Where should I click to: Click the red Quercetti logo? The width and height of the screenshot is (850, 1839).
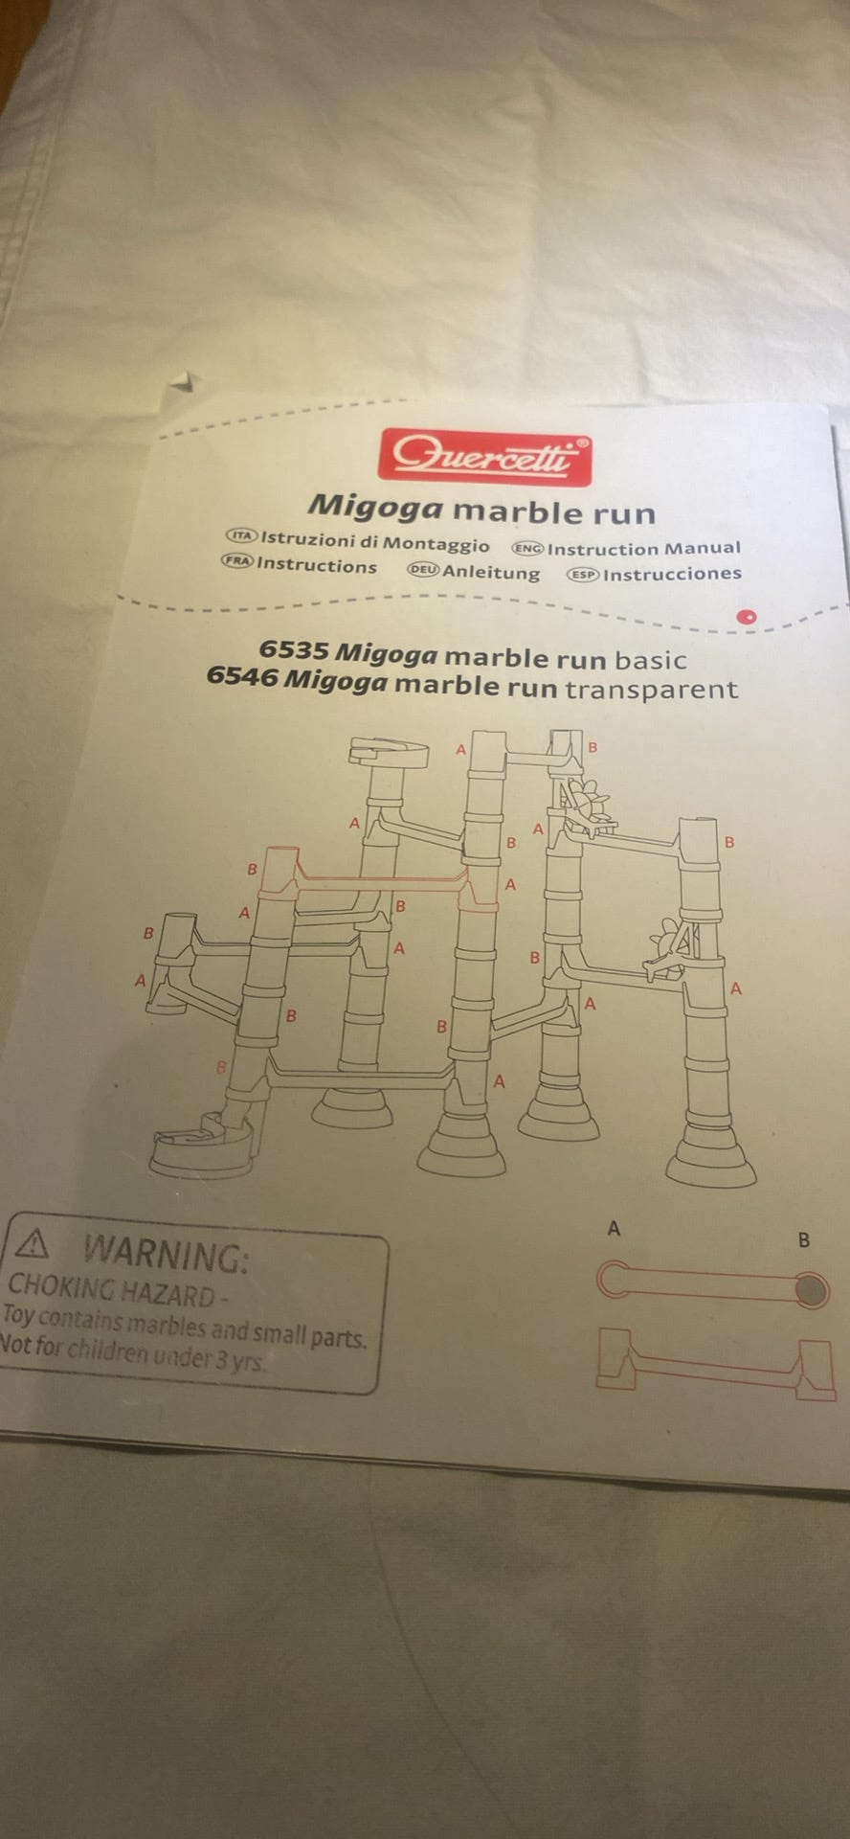tap(484, 457)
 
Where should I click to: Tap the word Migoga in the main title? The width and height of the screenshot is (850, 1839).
tap(375, 505)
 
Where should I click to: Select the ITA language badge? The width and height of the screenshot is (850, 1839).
tap(241, 536)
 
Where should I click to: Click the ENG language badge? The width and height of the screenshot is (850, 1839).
tap(527, 549)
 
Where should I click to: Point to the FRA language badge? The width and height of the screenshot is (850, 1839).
tap(237, 561)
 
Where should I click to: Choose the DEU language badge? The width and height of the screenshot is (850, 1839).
tap(423, 570)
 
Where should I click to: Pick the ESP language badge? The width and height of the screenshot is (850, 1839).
tap(583, 575)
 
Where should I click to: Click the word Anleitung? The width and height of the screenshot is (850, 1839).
tap(491, 573)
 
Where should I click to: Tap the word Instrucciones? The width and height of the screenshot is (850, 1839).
tap(672, 575)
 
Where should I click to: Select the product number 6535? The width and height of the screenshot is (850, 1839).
tap(295, 649)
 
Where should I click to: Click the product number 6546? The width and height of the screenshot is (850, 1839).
tap(242, 676)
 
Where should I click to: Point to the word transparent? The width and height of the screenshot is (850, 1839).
tap(652, 690)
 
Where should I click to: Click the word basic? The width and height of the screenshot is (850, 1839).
tap(651, 660)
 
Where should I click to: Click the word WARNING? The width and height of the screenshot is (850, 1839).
tap(166, 1254)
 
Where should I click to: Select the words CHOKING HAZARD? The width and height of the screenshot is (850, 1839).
tap(111, 1291)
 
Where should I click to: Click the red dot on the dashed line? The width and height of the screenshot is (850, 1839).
tap(747, 617)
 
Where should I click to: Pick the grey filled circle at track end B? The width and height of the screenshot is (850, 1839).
tap(811, 1291)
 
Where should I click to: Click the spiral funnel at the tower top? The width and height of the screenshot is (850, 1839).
tap(390, 754)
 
